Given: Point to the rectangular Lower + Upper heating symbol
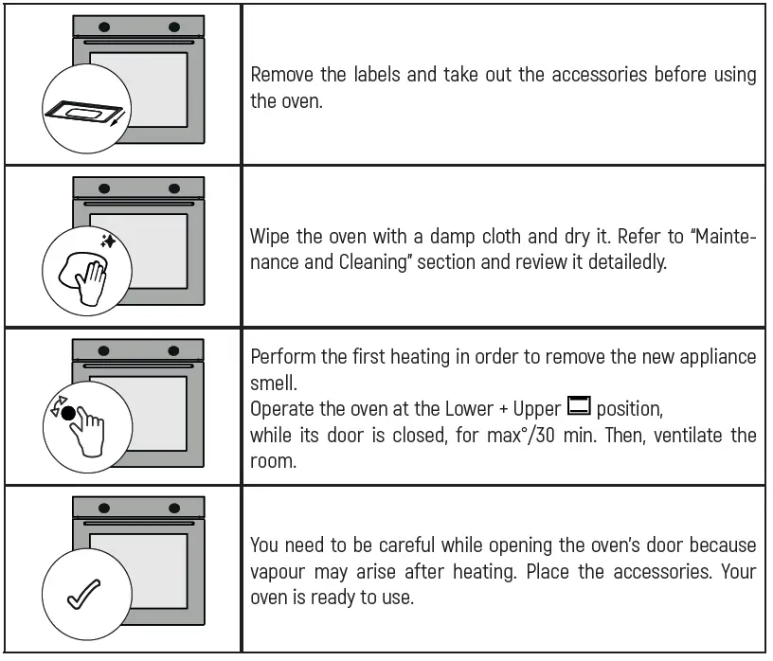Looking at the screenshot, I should click(x=578, y=408).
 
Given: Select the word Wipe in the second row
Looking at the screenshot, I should click(x=269, y=237).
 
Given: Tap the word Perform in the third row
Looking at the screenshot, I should click(x=282, y=357).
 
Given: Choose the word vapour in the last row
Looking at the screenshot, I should click(x=279, y=572).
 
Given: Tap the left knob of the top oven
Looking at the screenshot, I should click(x=103, y=27).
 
